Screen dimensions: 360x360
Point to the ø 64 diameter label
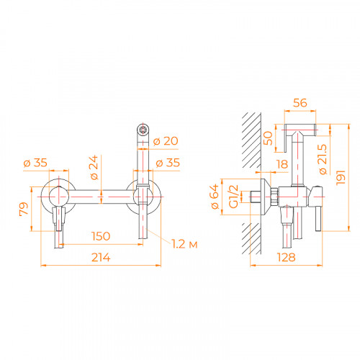(x=215, y=195)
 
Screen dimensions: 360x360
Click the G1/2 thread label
(x=233, y=195)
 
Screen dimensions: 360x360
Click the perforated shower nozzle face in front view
(x=143, y=130)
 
